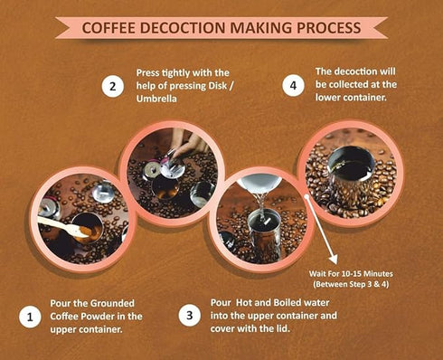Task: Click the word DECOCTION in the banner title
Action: (x=183, y=28)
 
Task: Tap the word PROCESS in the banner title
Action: (x=329, y=28)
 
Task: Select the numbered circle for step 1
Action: (x=30, y=317)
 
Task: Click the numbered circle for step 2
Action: (x=113, y=87)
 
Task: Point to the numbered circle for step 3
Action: (x=189, y=316)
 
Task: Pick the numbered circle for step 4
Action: (x=293, y=86)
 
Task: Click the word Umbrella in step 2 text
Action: (x=156, y=99)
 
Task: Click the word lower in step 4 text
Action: (x=328, y=98)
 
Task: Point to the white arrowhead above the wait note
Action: (x=334, y=260)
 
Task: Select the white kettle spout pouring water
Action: (x=259, y=184)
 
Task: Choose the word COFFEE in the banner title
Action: (x=108, y=28)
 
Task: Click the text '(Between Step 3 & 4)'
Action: (x=351, y=284)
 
